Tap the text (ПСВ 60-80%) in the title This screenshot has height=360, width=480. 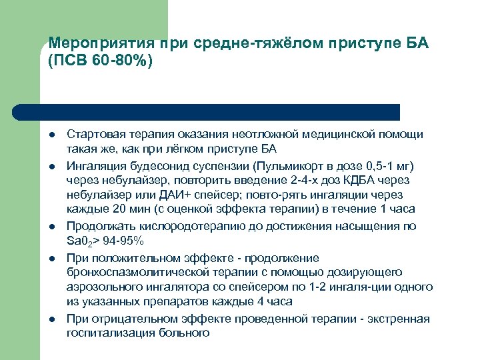101,61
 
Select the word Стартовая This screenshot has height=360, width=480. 92,135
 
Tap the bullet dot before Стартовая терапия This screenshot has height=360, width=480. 52,135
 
